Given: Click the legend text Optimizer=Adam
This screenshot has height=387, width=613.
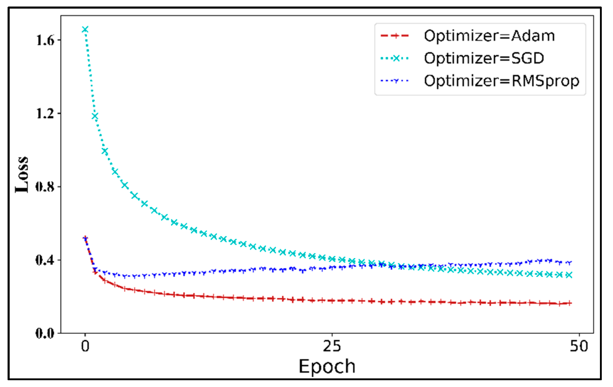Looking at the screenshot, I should coord(489,36).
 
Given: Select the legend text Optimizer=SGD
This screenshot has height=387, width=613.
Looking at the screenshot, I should coord(484,58).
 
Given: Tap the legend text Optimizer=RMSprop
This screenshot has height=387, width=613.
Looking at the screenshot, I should coord(501,81).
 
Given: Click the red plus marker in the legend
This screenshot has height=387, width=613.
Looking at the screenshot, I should coord(395,35).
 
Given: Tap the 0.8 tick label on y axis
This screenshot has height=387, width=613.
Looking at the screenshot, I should coord(45,187).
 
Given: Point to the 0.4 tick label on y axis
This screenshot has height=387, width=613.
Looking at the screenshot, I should coord(45,260).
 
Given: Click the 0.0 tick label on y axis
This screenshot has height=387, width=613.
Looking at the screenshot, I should coord(45,333).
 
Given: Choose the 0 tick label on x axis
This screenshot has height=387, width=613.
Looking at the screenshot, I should coord(85,346).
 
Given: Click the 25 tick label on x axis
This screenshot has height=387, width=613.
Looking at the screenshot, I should coord(332,346).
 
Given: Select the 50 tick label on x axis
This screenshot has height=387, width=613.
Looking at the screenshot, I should coord(579,346).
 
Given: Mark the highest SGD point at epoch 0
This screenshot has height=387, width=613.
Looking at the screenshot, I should coord(85,29).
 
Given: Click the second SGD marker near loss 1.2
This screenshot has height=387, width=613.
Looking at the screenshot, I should coord(95,116).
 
